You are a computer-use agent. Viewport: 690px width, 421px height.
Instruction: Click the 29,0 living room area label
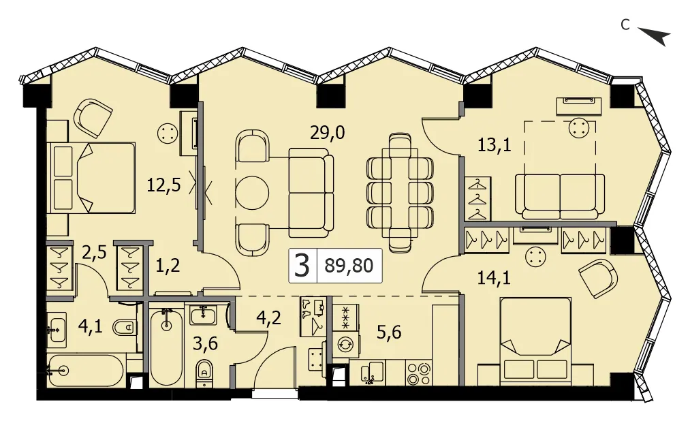(328, 131)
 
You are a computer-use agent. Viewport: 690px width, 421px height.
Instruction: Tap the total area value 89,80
(349, 265)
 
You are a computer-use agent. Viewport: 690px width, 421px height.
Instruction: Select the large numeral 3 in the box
(302, 265)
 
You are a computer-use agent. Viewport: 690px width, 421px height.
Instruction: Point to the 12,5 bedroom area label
(163, 185)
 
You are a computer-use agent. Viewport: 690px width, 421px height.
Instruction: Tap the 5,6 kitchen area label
(389, 332)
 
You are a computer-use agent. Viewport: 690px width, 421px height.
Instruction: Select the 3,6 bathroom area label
(206, 343)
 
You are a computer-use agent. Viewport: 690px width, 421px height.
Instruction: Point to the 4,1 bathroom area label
(90, 326)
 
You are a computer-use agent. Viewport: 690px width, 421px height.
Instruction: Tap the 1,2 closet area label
(168, 265)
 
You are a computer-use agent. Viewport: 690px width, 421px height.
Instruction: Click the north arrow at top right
(655, 36)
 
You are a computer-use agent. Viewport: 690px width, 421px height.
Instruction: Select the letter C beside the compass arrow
(625, 25)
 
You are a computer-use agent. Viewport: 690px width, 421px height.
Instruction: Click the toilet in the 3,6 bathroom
(204, 373)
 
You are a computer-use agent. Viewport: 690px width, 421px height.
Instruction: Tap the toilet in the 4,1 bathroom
(125, 327)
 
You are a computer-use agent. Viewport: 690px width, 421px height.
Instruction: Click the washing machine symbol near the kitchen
(344, 343)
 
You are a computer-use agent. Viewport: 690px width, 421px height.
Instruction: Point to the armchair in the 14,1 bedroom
(599, 278)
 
